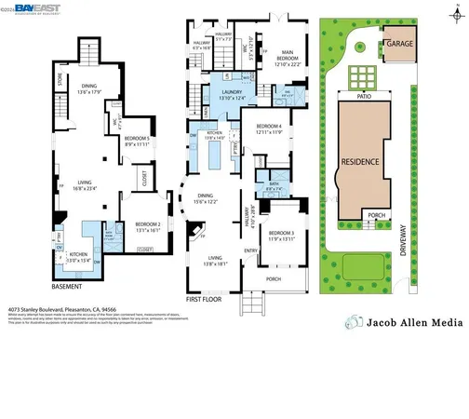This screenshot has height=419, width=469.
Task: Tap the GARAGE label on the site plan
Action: pyautogui.click(x=400, y=44)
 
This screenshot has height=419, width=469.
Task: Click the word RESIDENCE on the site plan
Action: pyautogui.click(x=359, y=161)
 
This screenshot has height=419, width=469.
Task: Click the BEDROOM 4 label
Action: pyautogui.click(x=268, y=128)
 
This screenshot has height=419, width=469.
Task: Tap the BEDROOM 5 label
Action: pyautogui.click(x=137, y=142)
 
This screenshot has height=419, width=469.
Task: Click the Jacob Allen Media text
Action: pyautogui.click(x=411, y=322)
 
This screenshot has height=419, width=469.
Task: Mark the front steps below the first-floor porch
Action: pyautogui.click(x=255, y=304)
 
